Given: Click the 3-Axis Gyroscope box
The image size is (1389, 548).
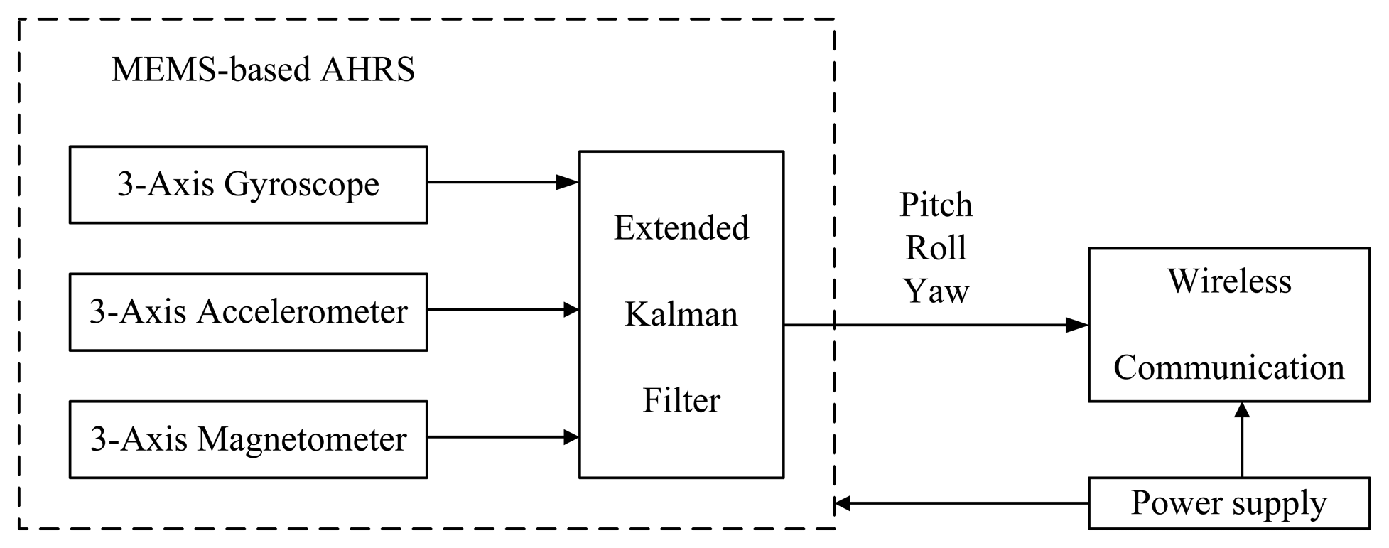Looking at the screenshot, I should [248, 185].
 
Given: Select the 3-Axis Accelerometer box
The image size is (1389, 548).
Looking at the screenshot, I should [248, 312].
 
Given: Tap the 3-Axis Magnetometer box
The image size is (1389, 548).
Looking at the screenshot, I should [248, 439].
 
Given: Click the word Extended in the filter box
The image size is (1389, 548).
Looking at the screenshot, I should [681, 228].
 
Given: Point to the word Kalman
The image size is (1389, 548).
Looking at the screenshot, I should [681, 314].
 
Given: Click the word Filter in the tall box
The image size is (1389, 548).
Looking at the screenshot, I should [681, 400].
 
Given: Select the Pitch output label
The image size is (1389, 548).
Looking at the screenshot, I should [936, 205].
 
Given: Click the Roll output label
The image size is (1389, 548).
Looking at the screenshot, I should [936, 248].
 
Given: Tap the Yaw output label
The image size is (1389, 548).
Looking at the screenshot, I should [936, 291].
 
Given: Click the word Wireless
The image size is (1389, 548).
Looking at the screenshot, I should [1229, 281].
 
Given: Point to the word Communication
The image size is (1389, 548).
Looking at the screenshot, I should [1228, 367].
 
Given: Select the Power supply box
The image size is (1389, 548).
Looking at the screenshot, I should [1228, 503].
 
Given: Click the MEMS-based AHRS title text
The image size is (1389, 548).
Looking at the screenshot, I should [263, 70].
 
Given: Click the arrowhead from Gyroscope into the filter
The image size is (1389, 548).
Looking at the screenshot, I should [568, 183].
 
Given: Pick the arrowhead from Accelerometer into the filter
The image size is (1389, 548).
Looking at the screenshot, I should [571, 310].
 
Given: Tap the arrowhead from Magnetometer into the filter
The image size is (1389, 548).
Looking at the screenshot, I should [571, 436].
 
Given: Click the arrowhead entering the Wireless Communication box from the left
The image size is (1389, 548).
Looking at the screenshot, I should [1077, 326].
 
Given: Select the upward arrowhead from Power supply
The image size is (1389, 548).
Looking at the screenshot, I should [1242, 411].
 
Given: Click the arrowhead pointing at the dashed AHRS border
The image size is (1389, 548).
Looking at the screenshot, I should [843, 504].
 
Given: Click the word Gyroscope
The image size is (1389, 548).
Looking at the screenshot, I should [301, 185].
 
